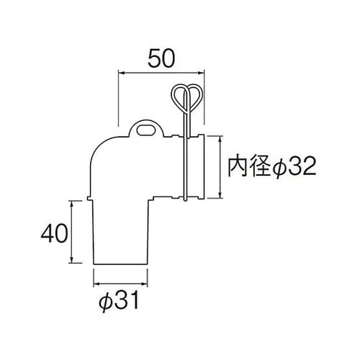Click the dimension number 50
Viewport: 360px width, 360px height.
(x=161, y=56)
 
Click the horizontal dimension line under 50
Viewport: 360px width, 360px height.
(x=162, y=72)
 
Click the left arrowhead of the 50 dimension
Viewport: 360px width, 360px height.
(x=120, y=72)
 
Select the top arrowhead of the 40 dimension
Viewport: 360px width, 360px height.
(x=73, y=203)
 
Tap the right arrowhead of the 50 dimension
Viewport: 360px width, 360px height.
(x=205, y=72)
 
